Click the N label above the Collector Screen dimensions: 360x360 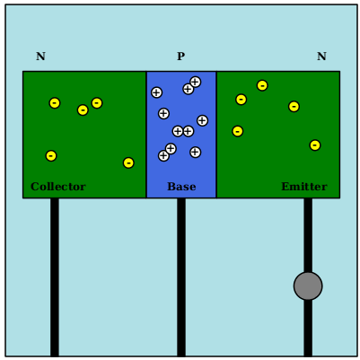point(40,57)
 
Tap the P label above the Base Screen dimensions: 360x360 point(180,57)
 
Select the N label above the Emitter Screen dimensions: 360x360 point(321,57)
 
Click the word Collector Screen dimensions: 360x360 point(58,187)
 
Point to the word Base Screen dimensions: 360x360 point(181,187)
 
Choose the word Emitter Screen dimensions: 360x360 point(304,187)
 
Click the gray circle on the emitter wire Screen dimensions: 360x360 point(308,286)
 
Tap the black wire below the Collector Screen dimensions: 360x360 point(55,277)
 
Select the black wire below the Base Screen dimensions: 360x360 point(181,277)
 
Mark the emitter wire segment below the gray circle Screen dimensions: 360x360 point(308,328)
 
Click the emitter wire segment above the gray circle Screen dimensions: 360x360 point(308,235)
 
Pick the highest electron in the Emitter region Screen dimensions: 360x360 point(262,85)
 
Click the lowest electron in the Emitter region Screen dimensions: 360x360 point(315,145)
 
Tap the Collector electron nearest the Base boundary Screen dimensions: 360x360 point(128,162)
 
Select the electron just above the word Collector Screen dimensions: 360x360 point(51,156)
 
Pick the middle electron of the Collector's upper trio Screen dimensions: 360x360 point(83,110)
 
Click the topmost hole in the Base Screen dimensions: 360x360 point(195,82)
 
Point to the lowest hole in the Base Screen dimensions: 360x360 point(163,155)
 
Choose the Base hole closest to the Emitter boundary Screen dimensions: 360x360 point(202,120)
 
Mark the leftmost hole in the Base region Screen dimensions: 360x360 point(156,92)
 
